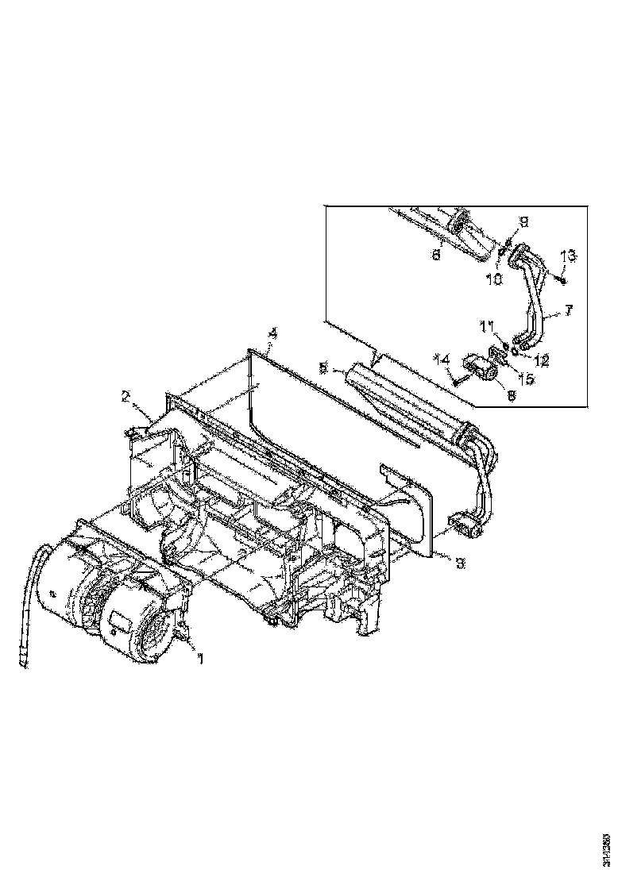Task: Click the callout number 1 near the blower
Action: (x=199, y=658)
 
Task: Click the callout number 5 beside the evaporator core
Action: (x=323, y=368)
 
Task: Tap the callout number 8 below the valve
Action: (x=509, y=392)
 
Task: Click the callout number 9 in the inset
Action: (x=523, y=221)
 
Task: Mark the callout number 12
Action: (x=542, y=360)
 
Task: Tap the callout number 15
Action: (x=527, y=379)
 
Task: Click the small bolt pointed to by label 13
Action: (x=561, y=276)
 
